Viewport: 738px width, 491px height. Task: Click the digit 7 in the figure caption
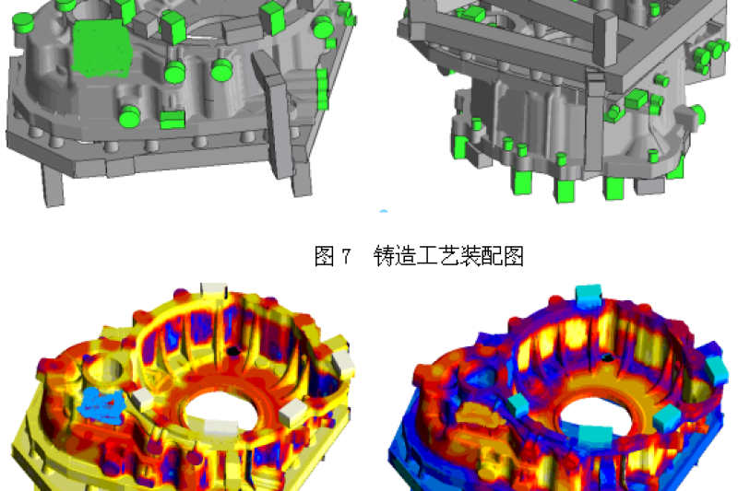tap(346, 256)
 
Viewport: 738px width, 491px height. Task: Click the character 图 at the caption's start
tap(325, 256)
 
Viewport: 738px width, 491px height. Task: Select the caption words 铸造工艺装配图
tap(448, 256)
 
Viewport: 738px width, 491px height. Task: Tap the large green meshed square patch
tap(101, 48)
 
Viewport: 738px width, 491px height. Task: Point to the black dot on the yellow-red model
tap(232, 351)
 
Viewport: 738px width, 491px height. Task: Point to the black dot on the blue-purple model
tap(608, 358)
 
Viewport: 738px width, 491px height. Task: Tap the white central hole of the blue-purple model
tap(597, 415)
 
